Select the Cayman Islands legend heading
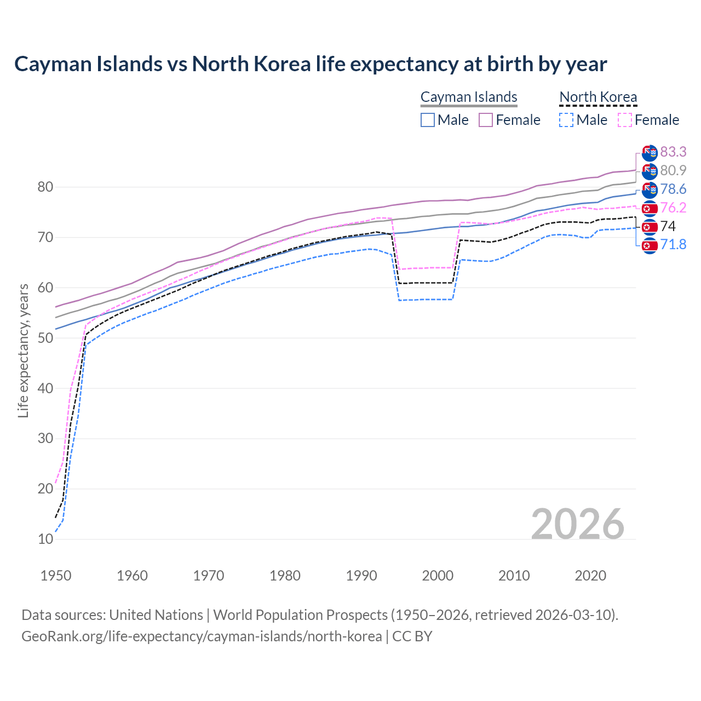pyautogui.click(x=469, y=97)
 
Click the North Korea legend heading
pyautogui.click(x=598, y=97)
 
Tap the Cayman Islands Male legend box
pyautogui.click(x=428, y=120)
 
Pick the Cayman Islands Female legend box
pyautogui.click(x=486, y=120)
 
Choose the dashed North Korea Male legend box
pyautogui.click(x=567, y=120)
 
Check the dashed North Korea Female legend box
pyautogui.click(x=625, y=120)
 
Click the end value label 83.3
pyautogui.click(x=673, y=152)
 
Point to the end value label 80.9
pyautogui.click(x=673, y=170)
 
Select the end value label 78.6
pyautogui.click(x=673, y=189)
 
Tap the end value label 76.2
pyautogui.click(x=673, y=208)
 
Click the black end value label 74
pyautogui.click(x=668, y=226)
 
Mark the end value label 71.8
pyautogui.click(x=673, y=244)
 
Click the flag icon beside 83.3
pyautogui.click(x=650, y=152)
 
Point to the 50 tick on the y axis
pyautogui.click(x=45, y=338)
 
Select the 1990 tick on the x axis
pyautogui.click(x=361, y=576)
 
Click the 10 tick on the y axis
pyautogui.click(x=45, y=539)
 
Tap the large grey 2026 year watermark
pyautogui.click(x=577, y=524)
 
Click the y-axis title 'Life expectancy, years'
pyautogui.click(x=23, y=350)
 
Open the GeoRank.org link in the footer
pyautogui.click(x=202, y=636)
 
